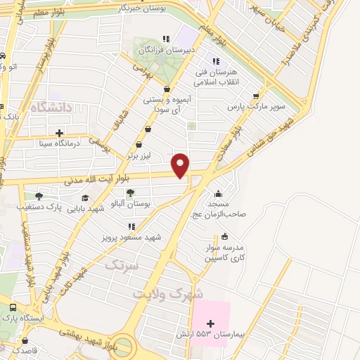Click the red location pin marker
[181, 165]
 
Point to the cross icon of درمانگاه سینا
[59, 132]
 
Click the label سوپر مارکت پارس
[255, 107]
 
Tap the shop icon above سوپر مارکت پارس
[255, 96]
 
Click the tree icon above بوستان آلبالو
[129, 192]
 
